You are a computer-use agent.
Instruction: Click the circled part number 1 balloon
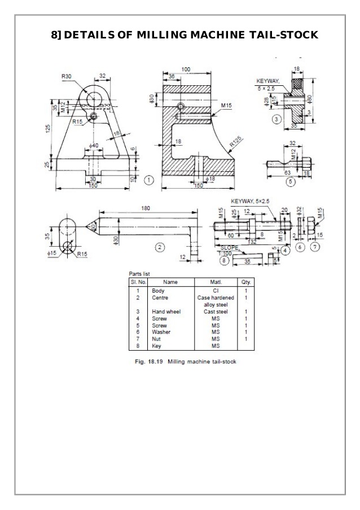(148, 180)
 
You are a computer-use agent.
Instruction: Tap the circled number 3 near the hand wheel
(276, 119)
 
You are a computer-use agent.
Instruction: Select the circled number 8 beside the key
(225, 261)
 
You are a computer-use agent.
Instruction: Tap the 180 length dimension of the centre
(146, 209)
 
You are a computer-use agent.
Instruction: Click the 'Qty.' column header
(246, 281)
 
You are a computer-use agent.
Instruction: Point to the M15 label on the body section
(227, 106)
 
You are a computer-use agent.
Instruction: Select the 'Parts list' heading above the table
(140, 273)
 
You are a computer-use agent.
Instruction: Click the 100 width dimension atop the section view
(186, 69)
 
